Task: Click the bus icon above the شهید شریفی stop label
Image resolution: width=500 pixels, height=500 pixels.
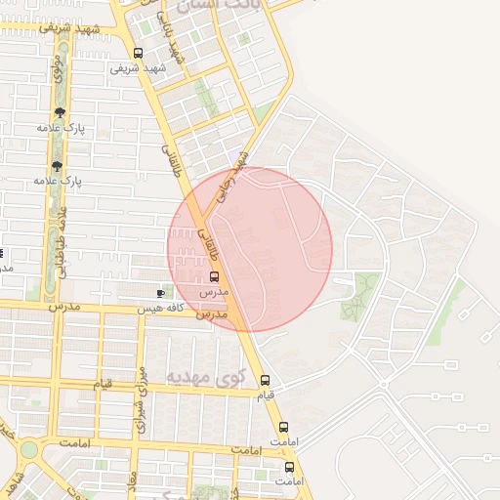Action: [x=138, y=54]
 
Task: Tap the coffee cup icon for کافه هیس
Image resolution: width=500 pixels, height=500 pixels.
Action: [x=161, y=293]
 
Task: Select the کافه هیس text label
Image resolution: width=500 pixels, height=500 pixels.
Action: [x=159, y=308]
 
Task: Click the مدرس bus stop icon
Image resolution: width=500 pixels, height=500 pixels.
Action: [x=214, y=276]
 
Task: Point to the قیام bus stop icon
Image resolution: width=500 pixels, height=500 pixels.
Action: [x=265, y=381]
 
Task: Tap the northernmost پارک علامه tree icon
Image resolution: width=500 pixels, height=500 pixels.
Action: [x=61, y=112]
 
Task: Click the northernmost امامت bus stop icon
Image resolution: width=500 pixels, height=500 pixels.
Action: [x=284, y=427]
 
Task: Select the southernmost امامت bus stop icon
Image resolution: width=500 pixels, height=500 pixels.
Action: [x=287, y=467]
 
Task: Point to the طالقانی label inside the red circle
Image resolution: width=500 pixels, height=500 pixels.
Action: [x=208, y=237]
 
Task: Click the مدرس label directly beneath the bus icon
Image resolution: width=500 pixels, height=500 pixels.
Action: [x=213, y=292]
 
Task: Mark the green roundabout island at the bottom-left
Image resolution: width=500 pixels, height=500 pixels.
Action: [x=28, y=449]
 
